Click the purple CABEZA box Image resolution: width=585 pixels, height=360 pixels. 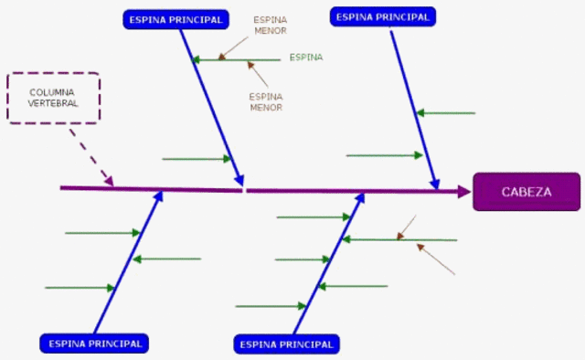click(526, 191)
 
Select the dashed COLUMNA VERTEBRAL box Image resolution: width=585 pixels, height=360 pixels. click(53, 97)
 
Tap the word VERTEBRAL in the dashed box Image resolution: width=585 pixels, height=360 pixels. click(53, 103)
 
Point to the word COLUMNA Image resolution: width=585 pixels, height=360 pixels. click(53, 92)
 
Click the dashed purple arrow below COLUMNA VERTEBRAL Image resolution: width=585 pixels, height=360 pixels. click(92, 157)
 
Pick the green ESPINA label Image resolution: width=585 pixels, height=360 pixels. click(306, 58)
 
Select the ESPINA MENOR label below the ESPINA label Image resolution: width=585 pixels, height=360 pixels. click(266, 100)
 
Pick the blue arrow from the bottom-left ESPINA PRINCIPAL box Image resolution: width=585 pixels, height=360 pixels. click(128, 261)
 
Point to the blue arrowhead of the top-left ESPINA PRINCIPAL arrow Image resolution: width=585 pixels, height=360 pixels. click(240, 180)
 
